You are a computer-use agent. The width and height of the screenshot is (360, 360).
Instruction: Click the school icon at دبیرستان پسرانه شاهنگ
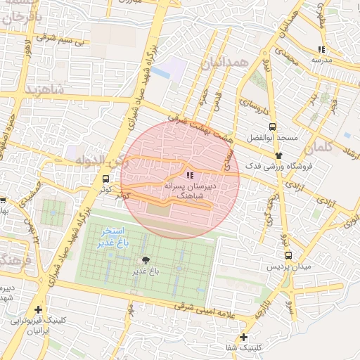click(189, 174)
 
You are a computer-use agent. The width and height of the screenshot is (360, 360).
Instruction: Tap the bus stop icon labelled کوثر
click(105, 179)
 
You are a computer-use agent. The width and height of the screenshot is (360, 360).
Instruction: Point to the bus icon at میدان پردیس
click(288, 255)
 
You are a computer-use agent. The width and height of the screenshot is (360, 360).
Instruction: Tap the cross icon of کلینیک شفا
click(243, 337)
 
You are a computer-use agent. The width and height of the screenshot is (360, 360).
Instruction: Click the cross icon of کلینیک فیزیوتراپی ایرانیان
click(37, 309)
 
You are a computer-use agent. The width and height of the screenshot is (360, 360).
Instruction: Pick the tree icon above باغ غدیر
click(146, 260)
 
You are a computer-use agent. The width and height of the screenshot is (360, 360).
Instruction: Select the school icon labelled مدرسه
click(321, 49)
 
